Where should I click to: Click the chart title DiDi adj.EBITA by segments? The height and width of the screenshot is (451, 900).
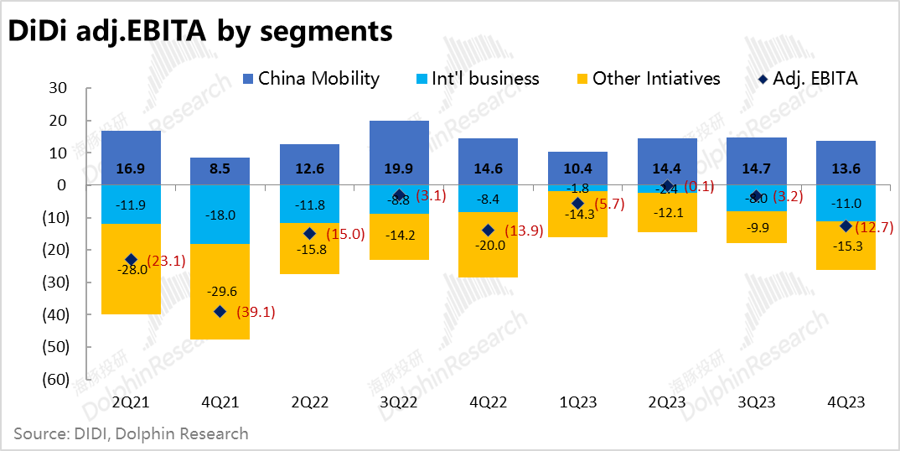click(200, 31)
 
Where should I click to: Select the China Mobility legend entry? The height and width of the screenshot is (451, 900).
click(310, 79)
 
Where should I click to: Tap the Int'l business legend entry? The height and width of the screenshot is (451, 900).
click(478, 79)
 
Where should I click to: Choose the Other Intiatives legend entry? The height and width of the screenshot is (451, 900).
click(646, 79)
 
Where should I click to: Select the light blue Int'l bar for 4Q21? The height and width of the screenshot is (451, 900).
click(220, 215)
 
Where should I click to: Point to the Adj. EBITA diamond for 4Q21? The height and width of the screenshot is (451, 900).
click(220, 312)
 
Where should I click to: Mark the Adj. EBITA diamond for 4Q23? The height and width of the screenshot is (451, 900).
click(846, 226)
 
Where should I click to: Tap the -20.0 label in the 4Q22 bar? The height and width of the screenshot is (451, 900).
click(489, 246)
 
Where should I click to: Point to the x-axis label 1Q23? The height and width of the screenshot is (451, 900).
click(577, 402)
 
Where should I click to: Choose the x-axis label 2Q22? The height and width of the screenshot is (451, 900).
click(309, 402)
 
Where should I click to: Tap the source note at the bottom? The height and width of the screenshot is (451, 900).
click(131, 433)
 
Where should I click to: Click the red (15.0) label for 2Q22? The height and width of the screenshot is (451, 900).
click(344, 234)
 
